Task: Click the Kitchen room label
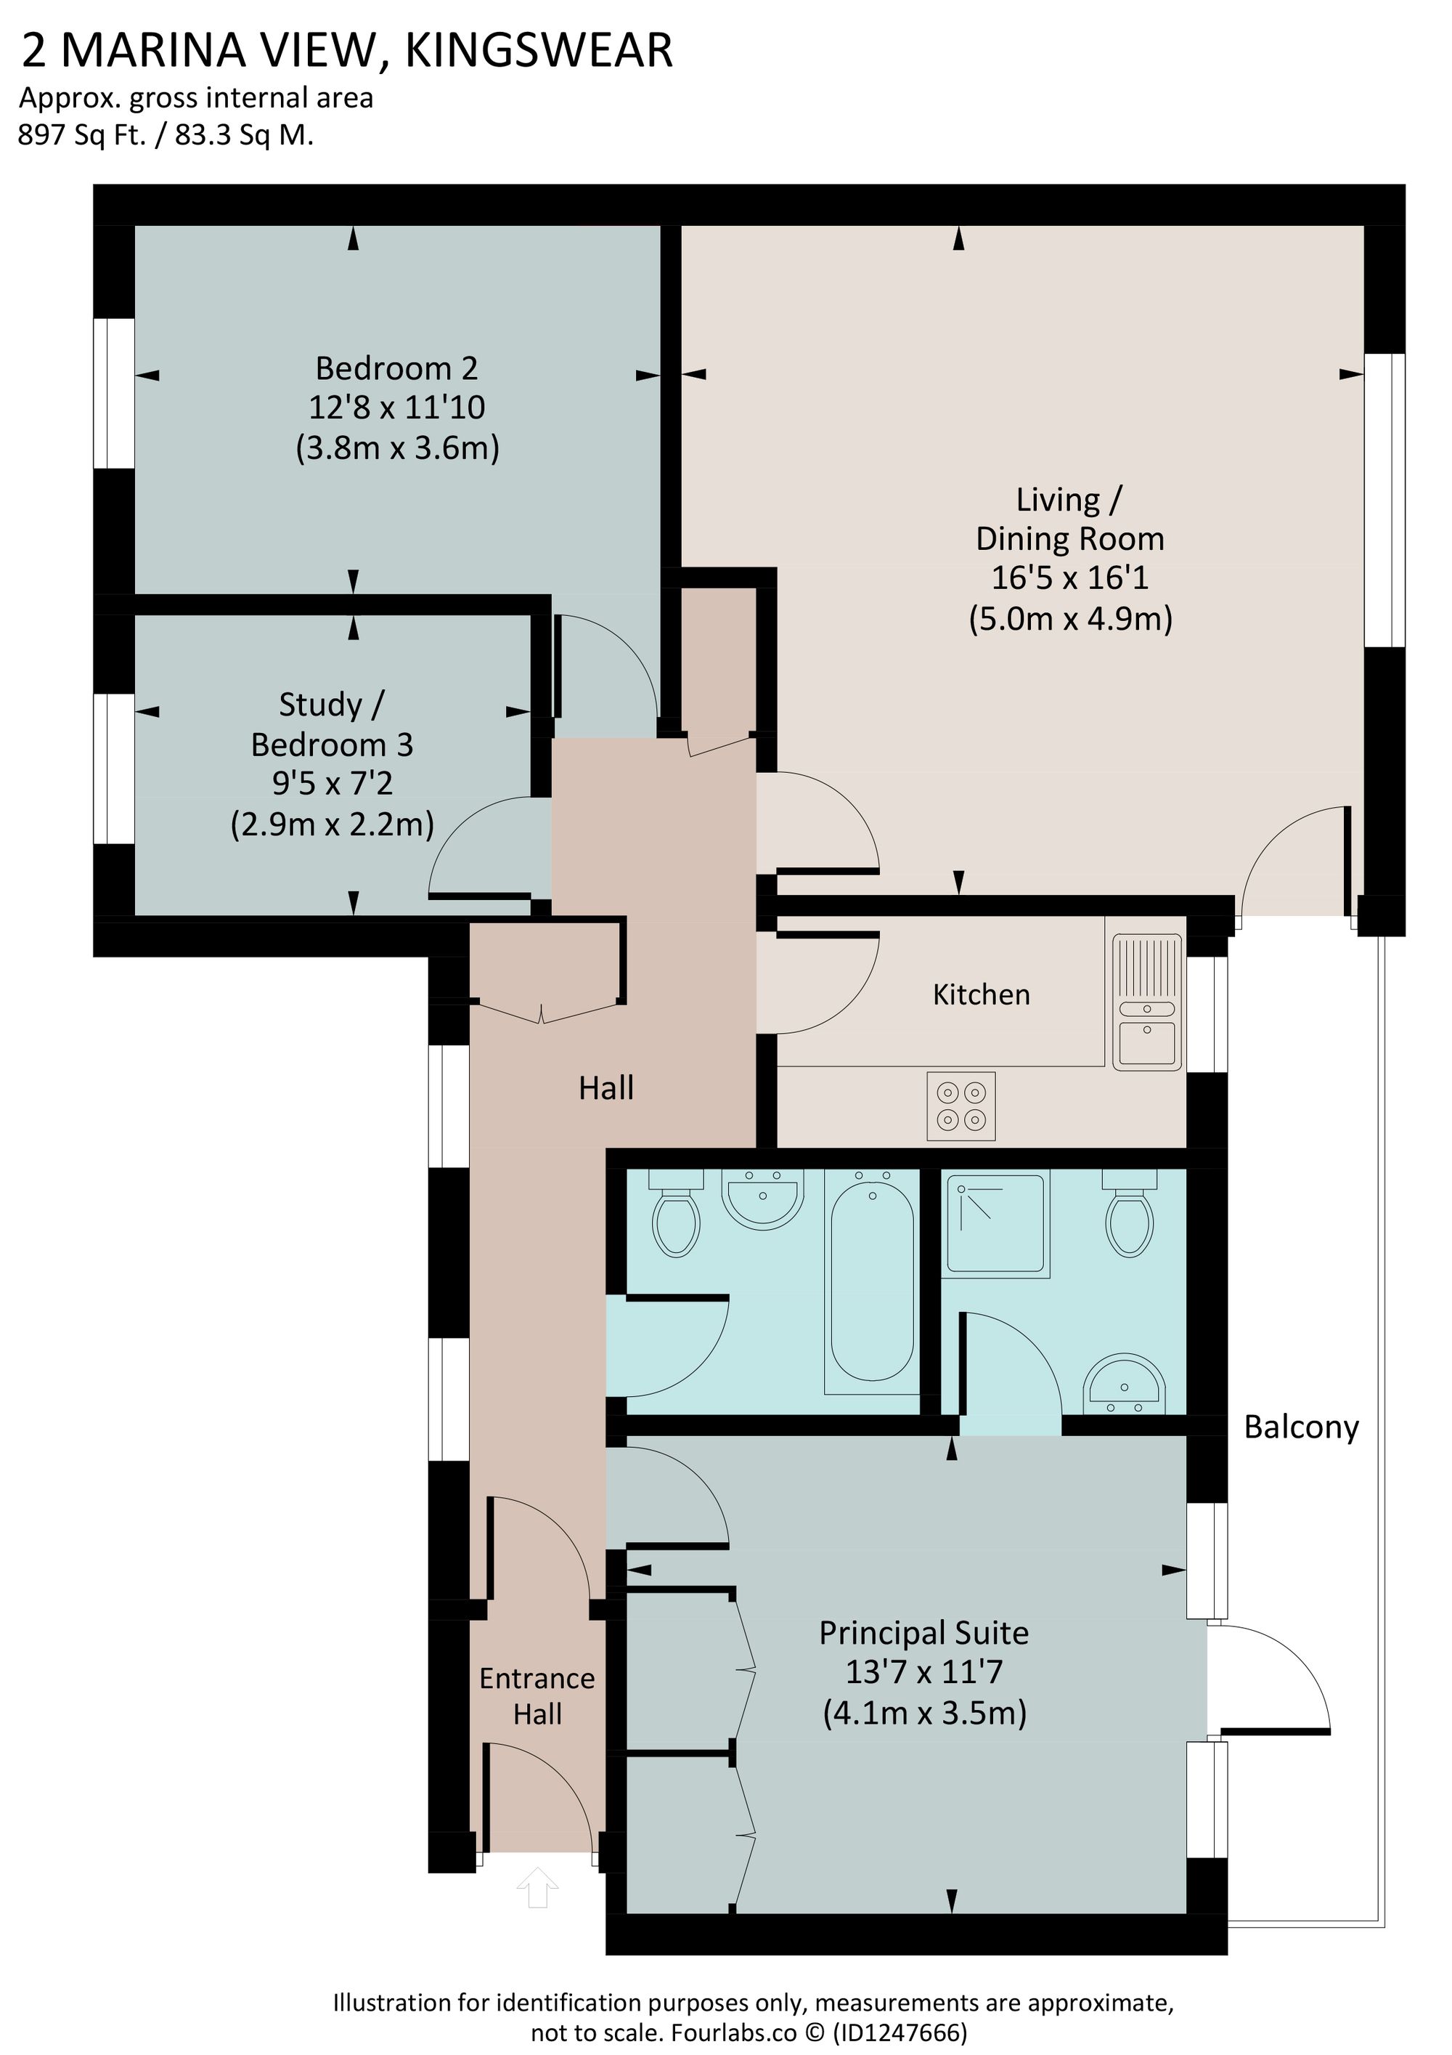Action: tap(981, 994)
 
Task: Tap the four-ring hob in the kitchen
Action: tap(960, 1106)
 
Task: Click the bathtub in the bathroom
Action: tap(872, 1281)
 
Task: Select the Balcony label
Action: tap(1301, 1427)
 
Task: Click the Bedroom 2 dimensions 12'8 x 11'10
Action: tap(396, 408)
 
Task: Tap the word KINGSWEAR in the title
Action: tap(539, 50)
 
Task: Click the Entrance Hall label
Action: tap(537, 1696)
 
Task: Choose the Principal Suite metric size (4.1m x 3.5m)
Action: tap(924, 1712)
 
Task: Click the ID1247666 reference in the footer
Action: tap(899, 2025)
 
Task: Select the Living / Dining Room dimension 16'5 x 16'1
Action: tap(1069, 578)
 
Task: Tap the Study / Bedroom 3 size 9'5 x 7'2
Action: tap(332, 784)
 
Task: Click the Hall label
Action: tap(605, 1088)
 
